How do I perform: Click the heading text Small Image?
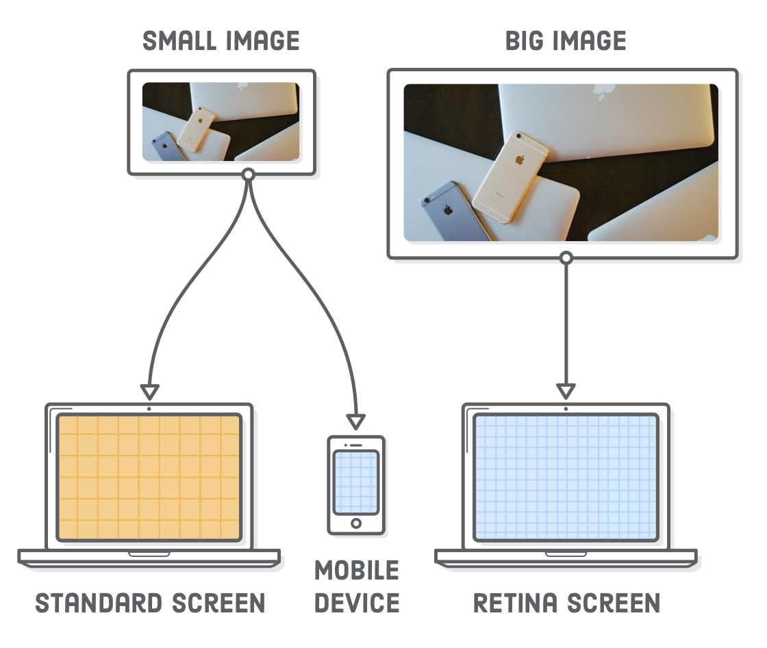pos(221,40)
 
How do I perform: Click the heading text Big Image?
pos(566,40)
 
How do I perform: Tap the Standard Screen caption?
pos(150,603)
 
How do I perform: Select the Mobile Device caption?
pos(357,587)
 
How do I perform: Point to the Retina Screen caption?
pos(567,603)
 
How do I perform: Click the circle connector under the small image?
pos(249,174)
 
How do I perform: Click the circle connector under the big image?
pos(566,258)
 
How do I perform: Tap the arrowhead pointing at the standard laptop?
pos(150,392)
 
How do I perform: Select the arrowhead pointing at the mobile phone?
pos(355,422)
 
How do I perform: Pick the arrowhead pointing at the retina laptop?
pos(566,392)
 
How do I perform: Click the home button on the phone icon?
pos(356,524)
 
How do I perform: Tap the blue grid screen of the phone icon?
pos(356,482)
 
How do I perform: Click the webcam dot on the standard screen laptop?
pos(149,409)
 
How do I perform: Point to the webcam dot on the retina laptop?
pos(566,409)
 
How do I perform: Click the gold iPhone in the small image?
pos(196,129)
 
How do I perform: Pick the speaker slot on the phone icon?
pos(356,445)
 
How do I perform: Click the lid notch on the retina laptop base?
pos(566,554)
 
